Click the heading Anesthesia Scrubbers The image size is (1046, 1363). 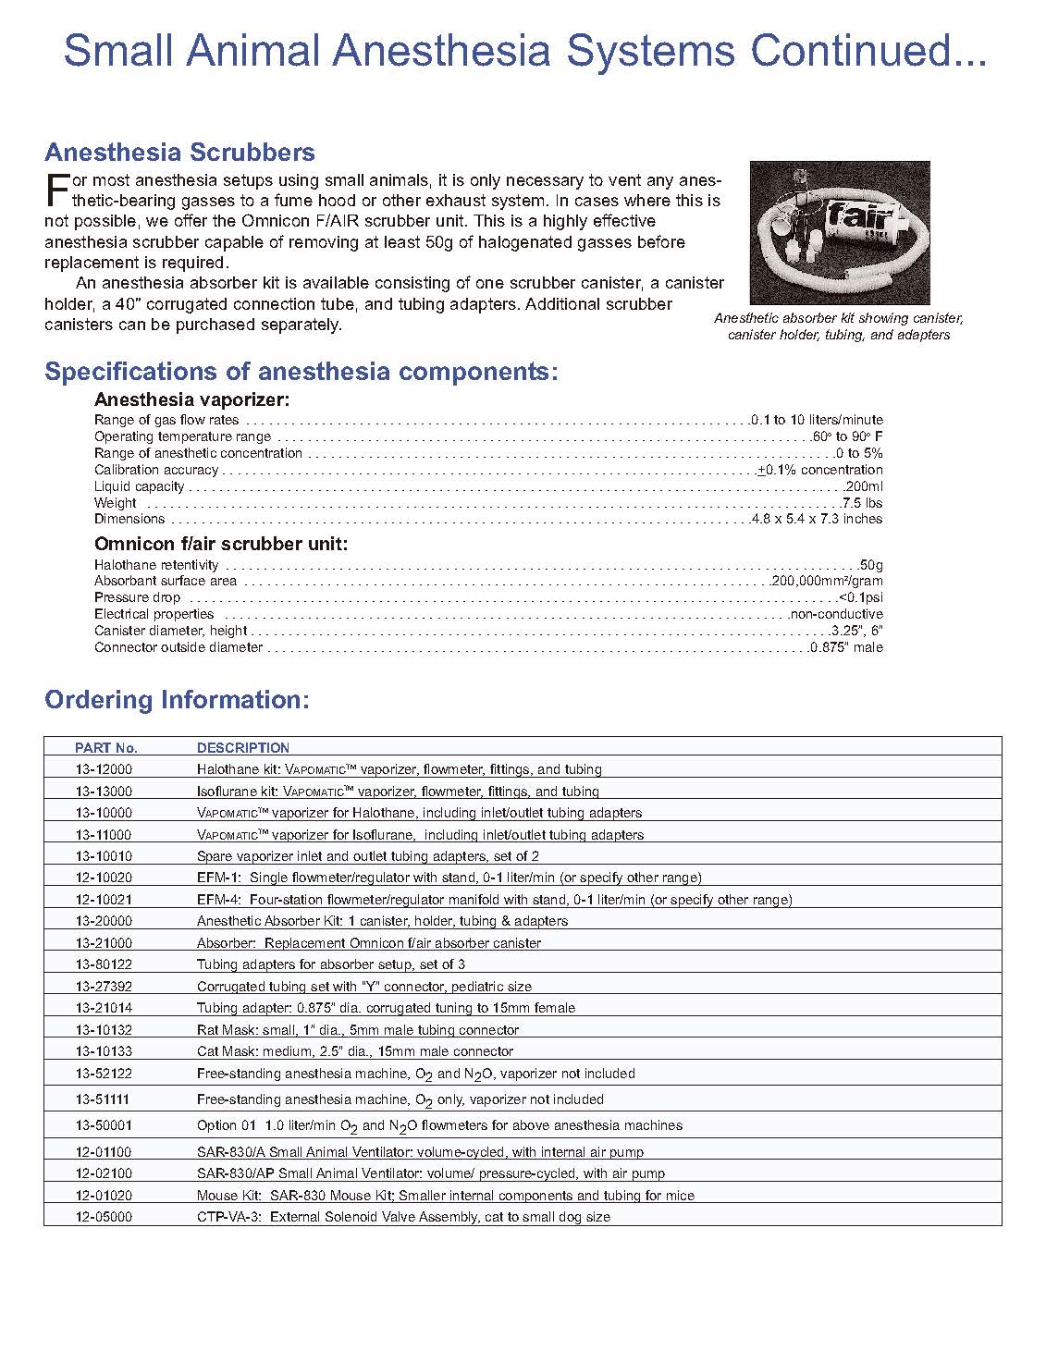[179, 153]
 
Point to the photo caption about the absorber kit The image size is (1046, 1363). [839, 326]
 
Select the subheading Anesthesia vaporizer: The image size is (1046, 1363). [192, 400]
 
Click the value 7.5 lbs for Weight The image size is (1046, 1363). [862, 503]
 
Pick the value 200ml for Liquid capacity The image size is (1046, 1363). [864, 486]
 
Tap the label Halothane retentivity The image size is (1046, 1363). [156, 565]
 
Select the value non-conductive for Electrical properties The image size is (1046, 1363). [836, 614]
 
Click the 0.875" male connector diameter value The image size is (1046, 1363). [846, 647]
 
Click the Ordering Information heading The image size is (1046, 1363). [177, 700]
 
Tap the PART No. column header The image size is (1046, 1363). [106, 748]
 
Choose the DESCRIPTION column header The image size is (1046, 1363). [243, 748]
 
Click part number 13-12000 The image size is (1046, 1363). [104, 769]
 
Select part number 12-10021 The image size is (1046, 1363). [104, 900]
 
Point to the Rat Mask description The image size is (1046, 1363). [358, 1030]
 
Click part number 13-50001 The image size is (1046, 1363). [104, 1125]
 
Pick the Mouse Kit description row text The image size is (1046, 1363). [446, 1196]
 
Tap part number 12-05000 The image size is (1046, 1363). [104, 1217]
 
